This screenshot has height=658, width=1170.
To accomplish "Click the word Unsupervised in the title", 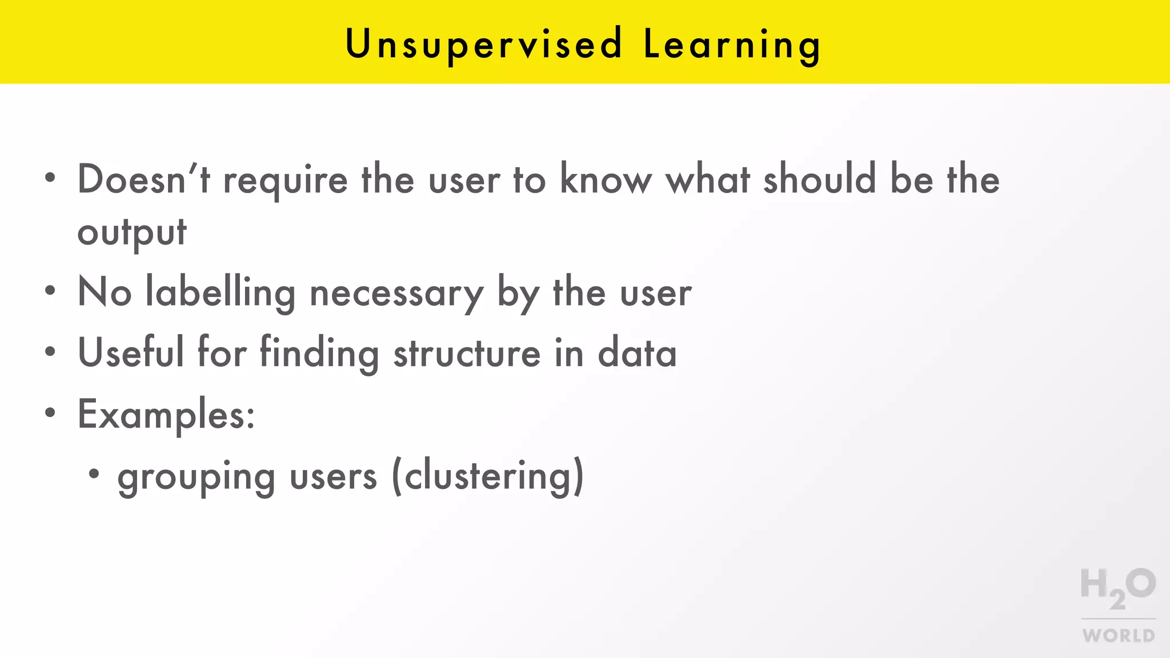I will [483, 45].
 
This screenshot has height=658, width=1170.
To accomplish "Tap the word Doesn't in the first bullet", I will [143, 179].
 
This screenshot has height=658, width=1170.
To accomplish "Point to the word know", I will [606, 179].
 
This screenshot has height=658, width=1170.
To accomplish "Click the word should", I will [819, 179].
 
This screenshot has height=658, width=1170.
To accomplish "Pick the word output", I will [132, 233].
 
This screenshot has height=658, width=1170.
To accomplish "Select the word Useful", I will [131, 352].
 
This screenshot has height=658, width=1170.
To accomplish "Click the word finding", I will [319, 354].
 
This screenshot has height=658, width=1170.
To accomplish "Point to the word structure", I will [467, 354].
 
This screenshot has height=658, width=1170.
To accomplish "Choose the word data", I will [637, 354].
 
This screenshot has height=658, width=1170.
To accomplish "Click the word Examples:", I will [166, 415].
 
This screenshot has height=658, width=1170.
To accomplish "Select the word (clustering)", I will [488, 476].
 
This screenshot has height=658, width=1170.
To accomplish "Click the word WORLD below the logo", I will [1119, 635].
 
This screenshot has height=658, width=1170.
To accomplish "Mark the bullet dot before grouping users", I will [94, 474].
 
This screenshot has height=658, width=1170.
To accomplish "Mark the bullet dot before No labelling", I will [50, 291].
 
